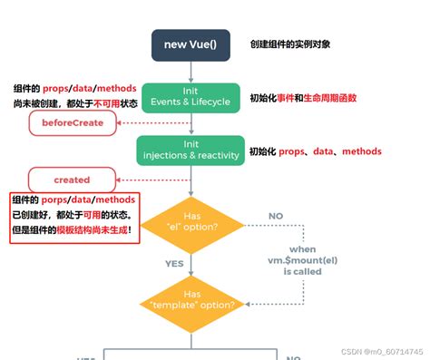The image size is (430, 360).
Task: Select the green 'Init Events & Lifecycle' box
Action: [188, 100]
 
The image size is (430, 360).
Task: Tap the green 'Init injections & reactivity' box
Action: [189, 150]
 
